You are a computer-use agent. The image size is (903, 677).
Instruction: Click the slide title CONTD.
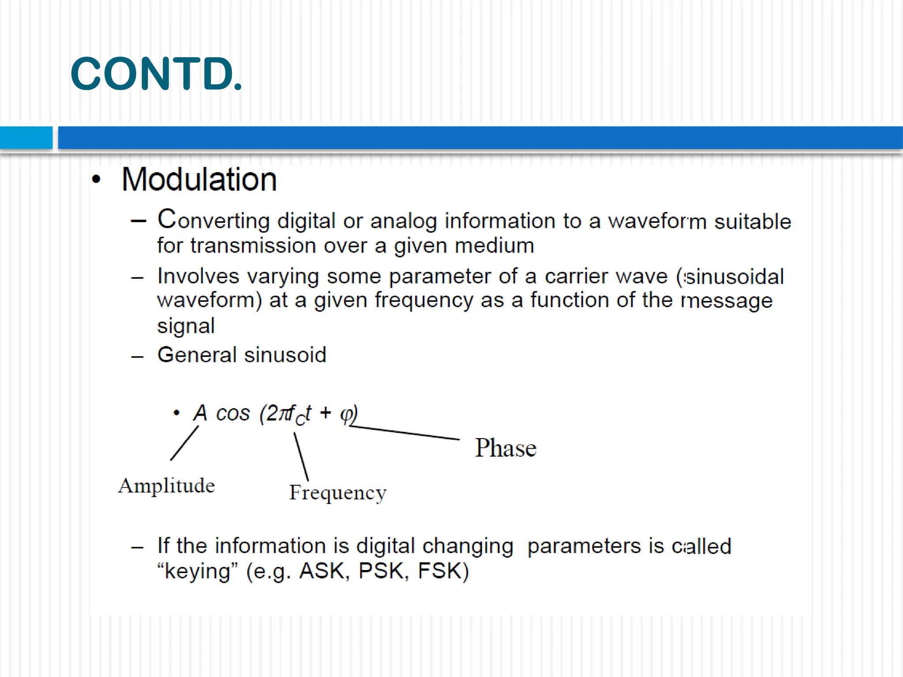coord(156,74)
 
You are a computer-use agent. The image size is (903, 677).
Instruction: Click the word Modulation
coord(199,180)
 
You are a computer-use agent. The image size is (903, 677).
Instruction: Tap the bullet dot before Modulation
coord(97,179)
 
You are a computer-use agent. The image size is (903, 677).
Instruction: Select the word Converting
coord(213,219)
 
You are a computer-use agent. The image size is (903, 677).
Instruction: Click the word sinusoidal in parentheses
coord(734,277)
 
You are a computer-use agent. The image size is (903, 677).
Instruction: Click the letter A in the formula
coord(200,413)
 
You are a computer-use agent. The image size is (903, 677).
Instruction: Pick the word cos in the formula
coord(233,413)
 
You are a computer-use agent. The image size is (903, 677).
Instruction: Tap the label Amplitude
coord(166,486)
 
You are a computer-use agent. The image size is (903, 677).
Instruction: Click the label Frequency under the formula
coord(338,493)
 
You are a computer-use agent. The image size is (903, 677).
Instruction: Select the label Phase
coord(506,448)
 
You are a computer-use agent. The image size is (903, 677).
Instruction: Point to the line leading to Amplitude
coord(184,443)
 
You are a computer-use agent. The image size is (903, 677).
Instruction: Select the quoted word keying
coord(198,572)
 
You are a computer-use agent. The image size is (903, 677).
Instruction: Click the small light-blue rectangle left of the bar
coord(26,138)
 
